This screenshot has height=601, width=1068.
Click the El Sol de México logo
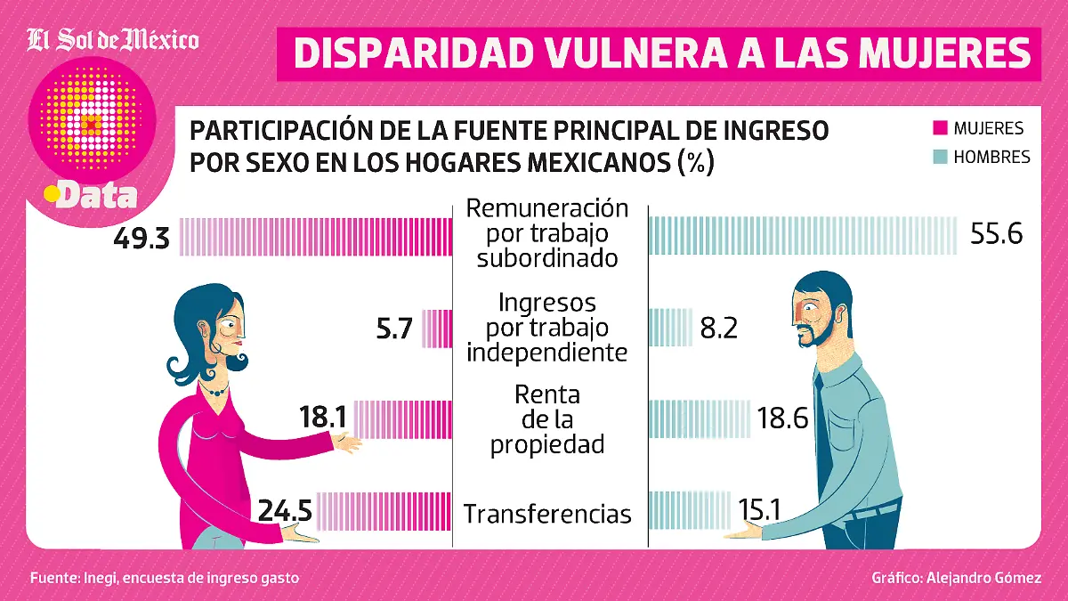click(112, 40)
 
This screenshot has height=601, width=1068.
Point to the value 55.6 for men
click(993, 234)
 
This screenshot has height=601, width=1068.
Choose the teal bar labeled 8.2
click(670, 328)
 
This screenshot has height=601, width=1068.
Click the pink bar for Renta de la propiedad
click(403, 418)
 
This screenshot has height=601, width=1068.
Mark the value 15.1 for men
click(759, 510)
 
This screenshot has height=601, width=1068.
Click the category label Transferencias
click(547, 514)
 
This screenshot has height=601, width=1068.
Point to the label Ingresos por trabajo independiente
click(547, 328)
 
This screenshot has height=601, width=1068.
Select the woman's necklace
click(213, 389)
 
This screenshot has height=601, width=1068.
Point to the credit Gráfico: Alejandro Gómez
click(956, 578)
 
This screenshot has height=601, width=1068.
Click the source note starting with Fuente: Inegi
click(164, 578)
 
